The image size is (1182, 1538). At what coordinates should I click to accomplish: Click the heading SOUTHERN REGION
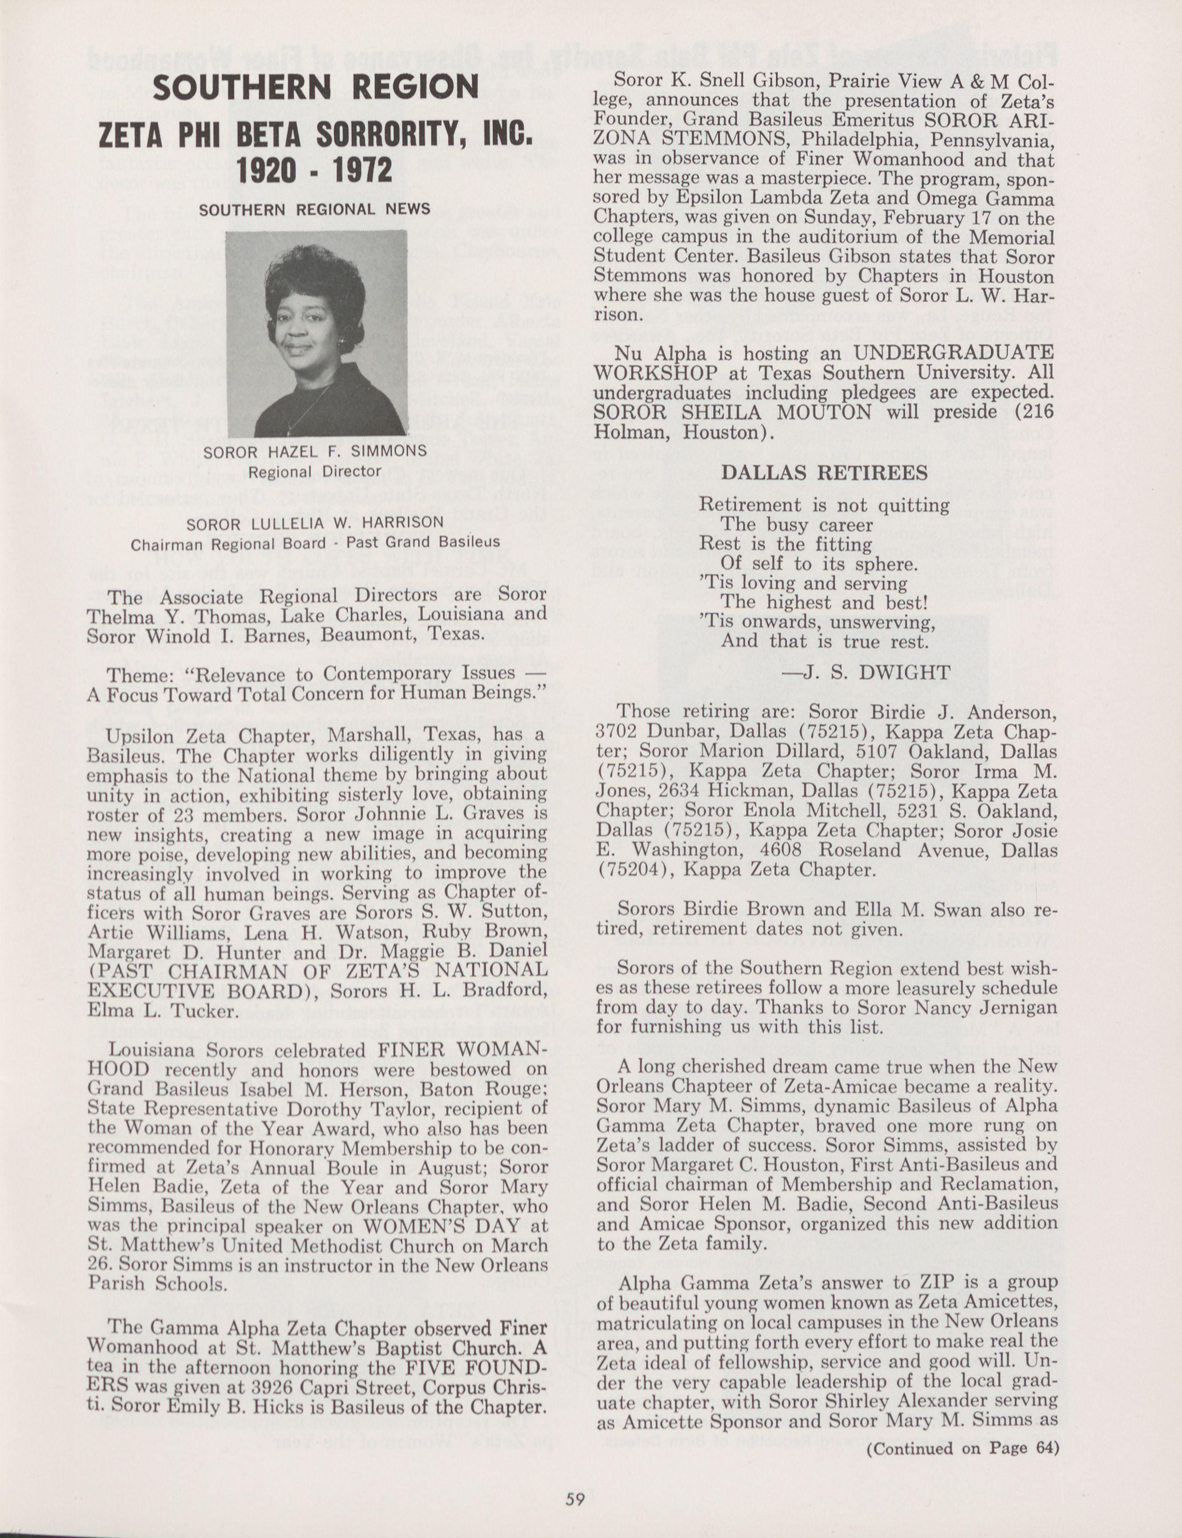pyautogui.click(x=316, y=88)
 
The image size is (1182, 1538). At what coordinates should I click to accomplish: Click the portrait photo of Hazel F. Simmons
pyautogui.click(x=316, y=333)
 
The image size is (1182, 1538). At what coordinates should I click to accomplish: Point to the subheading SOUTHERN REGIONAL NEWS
pyautogui.click(x=314, y=210)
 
